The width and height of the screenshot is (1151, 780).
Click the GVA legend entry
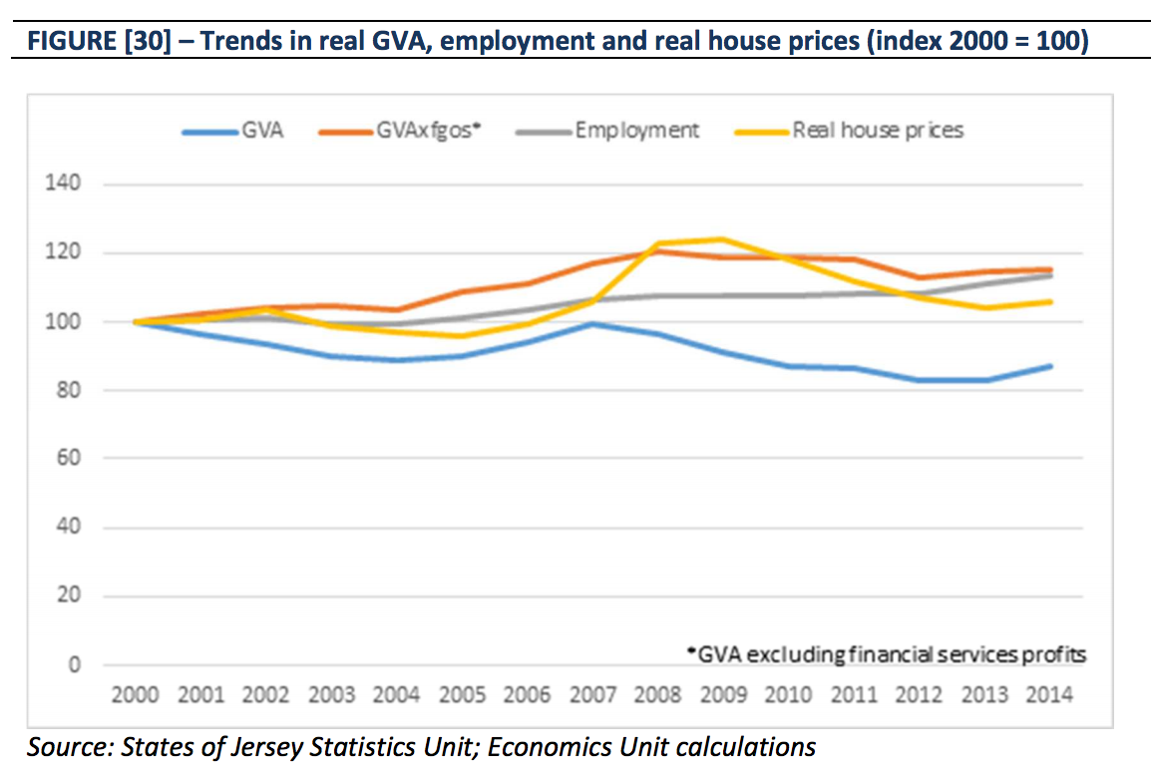pyautogui.click(x=261, y=131)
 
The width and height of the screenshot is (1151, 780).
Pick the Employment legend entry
pyautogui.click(x=636, y=131)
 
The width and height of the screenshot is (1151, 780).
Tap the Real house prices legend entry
pyautogui.click(x=878, y=131)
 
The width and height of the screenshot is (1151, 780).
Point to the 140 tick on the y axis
pyautogui.click(x=59, y=185)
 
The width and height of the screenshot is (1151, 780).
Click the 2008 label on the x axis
pyautogui.click(x=657, y=695)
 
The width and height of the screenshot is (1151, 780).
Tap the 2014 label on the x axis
pyautogui.click(x=1049, y=695)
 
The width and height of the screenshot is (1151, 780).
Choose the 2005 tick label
pyautogui.click(x=462, y=695)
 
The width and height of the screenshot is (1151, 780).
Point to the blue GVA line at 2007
pyautogui.click(x=591, y=323)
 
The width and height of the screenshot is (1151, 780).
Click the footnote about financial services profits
pyautogui.click(x=887, y=655)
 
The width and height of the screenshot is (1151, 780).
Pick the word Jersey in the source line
pyautogui.click(x=310, y=747)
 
